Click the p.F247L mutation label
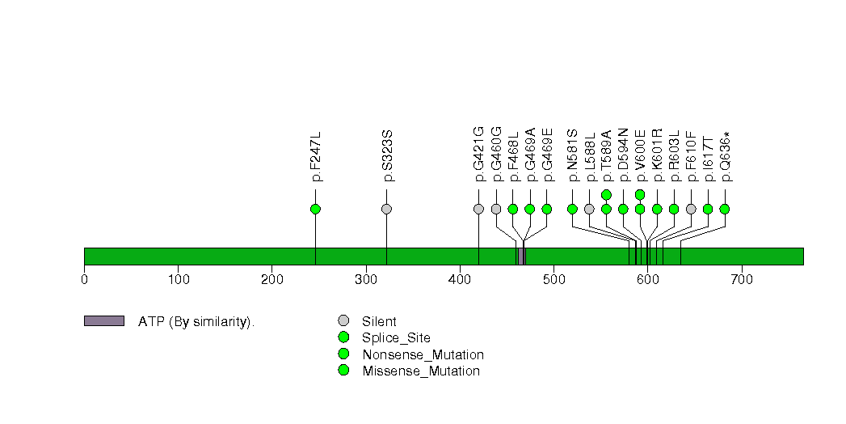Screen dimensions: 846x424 (316, 155)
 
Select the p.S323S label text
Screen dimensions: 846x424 (387, 155)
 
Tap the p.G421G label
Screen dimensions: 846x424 (478, 155)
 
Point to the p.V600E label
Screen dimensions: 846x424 (640, 155)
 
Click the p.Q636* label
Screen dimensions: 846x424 (725, 156)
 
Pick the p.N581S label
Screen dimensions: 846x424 (572, 155)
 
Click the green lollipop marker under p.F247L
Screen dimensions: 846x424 (316, 209)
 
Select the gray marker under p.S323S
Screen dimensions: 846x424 (386, 209)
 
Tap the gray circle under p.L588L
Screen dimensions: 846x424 (589, 209)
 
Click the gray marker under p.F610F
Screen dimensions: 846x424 (691, 209)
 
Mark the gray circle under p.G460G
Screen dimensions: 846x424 (496, 209)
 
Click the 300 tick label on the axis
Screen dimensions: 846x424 (366, 280)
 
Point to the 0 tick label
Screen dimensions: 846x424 (84, 280)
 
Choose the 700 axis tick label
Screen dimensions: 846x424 (742, 280)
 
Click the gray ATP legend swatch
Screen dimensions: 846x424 (104, 321)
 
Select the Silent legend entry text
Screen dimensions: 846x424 (379, 322)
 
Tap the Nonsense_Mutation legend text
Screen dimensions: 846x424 (423, 355)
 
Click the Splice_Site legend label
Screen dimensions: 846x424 (397, 339)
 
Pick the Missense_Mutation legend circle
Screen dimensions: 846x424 (343, 370)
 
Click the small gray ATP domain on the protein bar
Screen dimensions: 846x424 (522, 257)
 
